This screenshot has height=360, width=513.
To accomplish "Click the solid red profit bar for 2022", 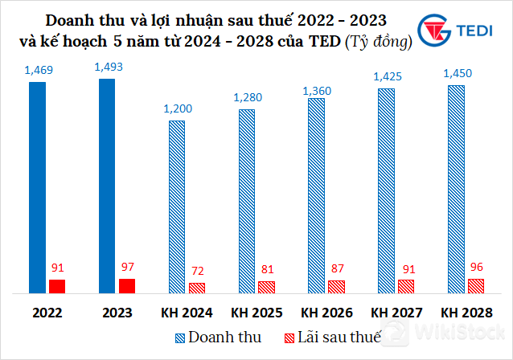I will pyautogui.click(x=57, y=286).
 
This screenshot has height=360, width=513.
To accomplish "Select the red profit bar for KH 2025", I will pyautogui.click(x=266, y=287).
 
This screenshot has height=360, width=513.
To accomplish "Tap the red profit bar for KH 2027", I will pyautogui.click(x=406, y=286).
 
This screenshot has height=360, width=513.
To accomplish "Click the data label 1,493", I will pyautogui.click(x=109, y=67).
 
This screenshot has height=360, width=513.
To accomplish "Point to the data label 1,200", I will pyautogui.click(x=178, y=108).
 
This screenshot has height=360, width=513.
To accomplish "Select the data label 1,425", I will pyautogui.click(x=387, y=77).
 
